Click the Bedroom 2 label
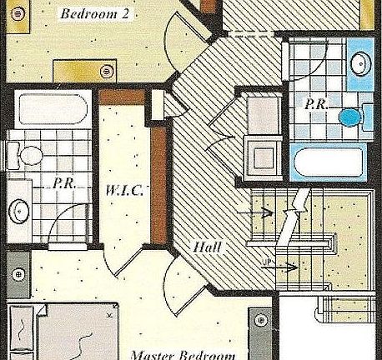pyautogui.click(x=93, y=14)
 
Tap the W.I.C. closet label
pyautogui.click(x=125, y=190)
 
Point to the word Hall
pyautogui.click(x=206, y=247)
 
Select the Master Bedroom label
pyautogui.click(x=182, y=354)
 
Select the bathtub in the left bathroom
pyautogui.click(x=49, y=110)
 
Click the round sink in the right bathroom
pyautogui.click(x=361, y=63)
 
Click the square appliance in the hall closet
pyautogui.click(x=264, y=155)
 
